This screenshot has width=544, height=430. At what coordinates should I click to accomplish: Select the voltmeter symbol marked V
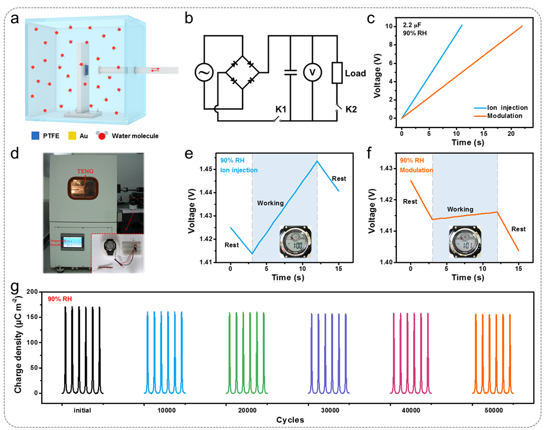point(313,74)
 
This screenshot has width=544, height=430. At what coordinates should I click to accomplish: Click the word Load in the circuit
point(355,73)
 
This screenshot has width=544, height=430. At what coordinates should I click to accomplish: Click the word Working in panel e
point(270,203)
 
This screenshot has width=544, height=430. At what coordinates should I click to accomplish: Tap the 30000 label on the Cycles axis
point(328,410)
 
